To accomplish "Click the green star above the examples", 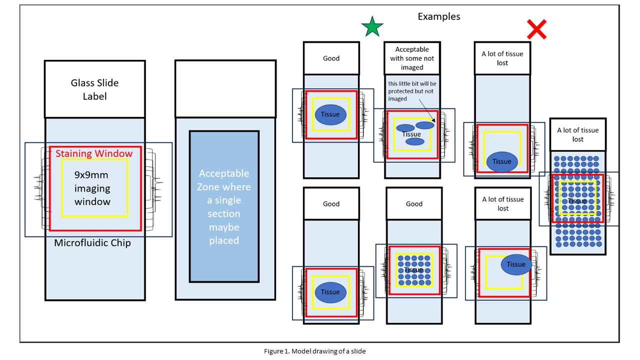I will tap(371, 26).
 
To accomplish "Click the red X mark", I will tap(536, 30).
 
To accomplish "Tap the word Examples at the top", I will tap(439, 16).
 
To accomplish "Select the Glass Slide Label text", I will tap(95, 89).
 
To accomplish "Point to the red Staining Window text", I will tap(94, 153).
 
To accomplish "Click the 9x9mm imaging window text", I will tap(92, 188).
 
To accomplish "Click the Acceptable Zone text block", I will tap(224, 207).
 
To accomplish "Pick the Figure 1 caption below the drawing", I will tap(315, 351).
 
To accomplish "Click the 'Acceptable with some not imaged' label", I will tap(412, 58).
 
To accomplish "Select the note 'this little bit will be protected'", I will tap(412, 90).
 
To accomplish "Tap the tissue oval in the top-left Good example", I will tap(330, 114).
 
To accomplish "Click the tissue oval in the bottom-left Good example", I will tap(330, 292).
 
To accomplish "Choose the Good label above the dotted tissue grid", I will tap(414, 204).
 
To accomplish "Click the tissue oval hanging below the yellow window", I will tap(502, 161).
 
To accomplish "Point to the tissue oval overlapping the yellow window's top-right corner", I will tap(516, 264).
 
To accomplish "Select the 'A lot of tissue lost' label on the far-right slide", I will tap(577, 134).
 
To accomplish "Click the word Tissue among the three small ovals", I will tap(411, 134).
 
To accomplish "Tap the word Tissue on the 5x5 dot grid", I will tap(413, 270).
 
